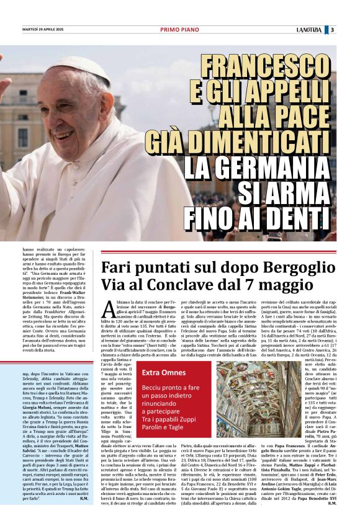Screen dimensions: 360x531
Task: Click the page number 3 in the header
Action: [x=332, y=29]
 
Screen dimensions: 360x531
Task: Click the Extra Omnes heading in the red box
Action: [x=164, y=372]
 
